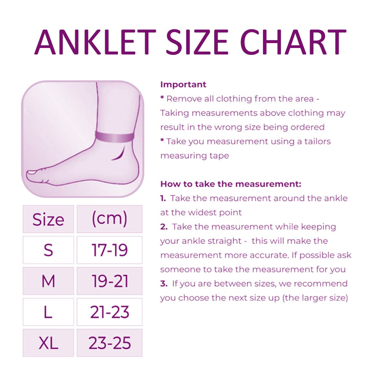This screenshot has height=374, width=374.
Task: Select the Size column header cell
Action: click(x=48, y=219)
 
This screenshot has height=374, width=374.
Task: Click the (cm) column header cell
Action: click(x=110, y=219)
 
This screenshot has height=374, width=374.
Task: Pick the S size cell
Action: click(x=48, y=250)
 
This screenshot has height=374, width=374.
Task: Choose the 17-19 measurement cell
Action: click(x=110, y=250)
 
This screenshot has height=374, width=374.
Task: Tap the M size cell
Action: click(x=48, y=281)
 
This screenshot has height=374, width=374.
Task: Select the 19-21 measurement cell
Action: click(x=110, y=281)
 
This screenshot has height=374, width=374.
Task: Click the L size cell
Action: click(x=48, y=312)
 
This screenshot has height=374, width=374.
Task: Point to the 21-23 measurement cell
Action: click(x=110, y=312)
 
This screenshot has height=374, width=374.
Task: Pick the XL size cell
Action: click(x=48, y=343)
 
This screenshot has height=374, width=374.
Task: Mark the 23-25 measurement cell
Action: click(x=110, y=343)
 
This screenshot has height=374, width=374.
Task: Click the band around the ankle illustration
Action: click(x=115, y=137)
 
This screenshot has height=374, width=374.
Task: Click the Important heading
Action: click(x=183, y=84)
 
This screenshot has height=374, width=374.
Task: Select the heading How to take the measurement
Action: click(x=231, y=184)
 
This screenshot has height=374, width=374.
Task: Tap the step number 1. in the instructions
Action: click(x=163, y=198)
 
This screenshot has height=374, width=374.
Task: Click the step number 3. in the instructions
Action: click(x=164, y=283)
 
